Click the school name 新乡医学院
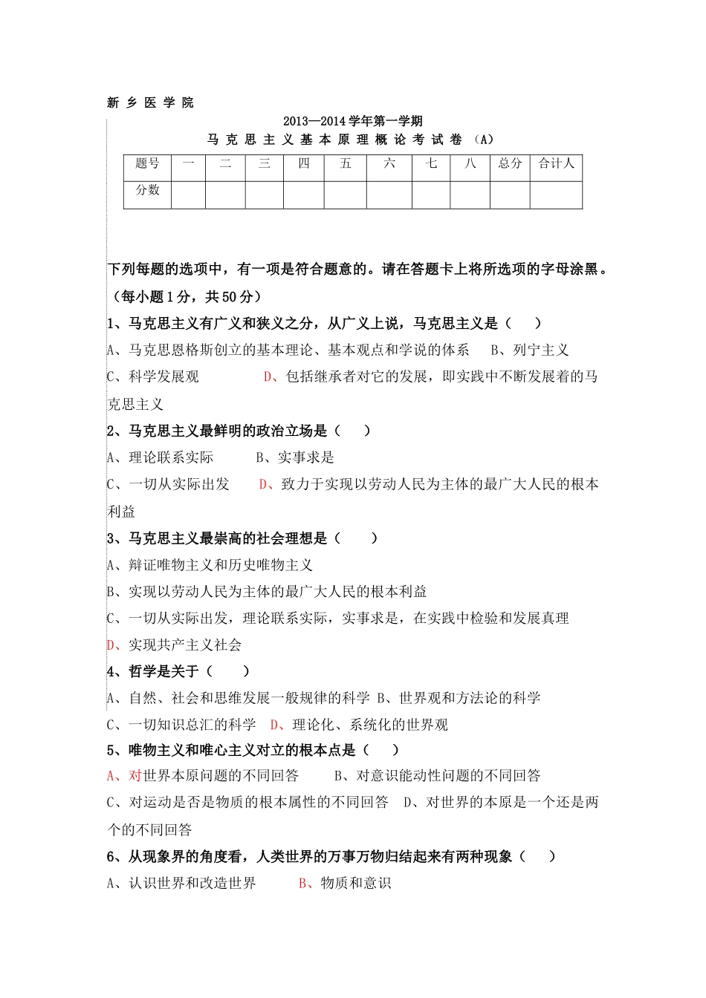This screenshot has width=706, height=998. tap(150, 102)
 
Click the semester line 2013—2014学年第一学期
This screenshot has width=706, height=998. tap(352, 121)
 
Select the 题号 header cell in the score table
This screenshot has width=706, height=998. tap(147, 163)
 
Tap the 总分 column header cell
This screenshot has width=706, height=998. tap(510, 163)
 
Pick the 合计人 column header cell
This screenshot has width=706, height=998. tap(556, 163)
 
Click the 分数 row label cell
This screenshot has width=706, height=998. tap(147, 190)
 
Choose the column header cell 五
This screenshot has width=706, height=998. tap(346, 163)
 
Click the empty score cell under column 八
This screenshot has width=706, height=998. tap(470, 195)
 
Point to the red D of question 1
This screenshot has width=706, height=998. tap(268, 376)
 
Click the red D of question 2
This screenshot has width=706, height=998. tap(264, 484)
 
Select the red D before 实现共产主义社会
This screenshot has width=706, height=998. tap(111, 645)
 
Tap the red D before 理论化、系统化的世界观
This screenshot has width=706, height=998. tap(275, 725)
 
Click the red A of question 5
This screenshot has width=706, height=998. tap(112, 775)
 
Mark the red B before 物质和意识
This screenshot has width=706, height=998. tap(303, 883)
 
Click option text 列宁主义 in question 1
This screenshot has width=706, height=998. tap(540, 350)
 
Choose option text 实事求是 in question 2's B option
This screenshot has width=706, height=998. tap(305, 457)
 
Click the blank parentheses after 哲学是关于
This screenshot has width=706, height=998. tap(228, 671)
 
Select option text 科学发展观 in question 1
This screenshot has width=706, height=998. tap(163, 376)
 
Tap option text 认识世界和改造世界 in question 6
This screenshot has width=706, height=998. tap(192, 883)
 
